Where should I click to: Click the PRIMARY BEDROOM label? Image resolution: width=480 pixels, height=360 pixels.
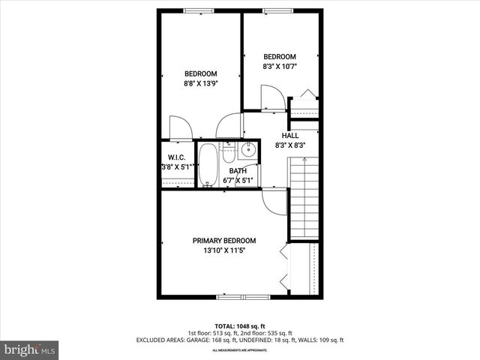pos(223,241)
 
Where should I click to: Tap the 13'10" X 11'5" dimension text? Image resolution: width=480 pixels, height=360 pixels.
pos(223,251)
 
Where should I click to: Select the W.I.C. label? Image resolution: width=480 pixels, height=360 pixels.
pos(177,157)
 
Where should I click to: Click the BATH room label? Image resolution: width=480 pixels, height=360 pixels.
pos(238,171)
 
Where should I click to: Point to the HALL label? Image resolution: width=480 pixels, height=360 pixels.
pos(289,135)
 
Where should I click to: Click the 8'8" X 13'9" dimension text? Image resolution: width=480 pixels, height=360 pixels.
pos(200,84)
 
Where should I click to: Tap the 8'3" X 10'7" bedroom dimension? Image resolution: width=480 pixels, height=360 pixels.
pos(280,67)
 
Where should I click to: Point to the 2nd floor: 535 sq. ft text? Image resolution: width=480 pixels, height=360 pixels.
pos(266,333)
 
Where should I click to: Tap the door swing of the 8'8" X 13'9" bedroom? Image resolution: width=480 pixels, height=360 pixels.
pos(180,127)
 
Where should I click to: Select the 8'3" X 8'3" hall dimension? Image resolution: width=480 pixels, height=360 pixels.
pos(289,145)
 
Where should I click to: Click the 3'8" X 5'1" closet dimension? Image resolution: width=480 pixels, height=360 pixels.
pos(178,167)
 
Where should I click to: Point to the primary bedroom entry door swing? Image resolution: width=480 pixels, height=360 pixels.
pos(274,201)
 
